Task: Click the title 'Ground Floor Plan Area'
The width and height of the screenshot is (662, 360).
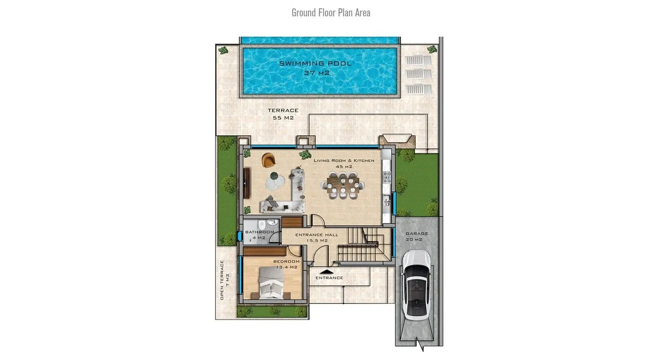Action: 331,13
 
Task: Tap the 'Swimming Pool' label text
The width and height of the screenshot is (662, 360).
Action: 315,63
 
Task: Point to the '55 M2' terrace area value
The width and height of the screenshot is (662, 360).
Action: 283,118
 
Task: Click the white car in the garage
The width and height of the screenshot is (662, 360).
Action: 417,285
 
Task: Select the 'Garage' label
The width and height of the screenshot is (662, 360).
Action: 417,233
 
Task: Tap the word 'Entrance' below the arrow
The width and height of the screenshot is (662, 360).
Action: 329,278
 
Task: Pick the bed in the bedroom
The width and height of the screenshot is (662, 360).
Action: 270,283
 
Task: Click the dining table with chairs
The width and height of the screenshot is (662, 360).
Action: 343,185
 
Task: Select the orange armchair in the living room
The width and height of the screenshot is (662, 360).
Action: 269,160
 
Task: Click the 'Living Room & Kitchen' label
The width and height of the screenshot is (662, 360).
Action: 344,160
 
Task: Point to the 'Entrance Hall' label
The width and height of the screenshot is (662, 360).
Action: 317,235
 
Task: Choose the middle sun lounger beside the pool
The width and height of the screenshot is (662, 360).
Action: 418,74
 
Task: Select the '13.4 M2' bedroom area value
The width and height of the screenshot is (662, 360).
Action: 287,267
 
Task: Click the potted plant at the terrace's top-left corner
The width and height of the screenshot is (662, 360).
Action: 223,50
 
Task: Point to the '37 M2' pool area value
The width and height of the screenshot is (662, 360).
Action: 316,73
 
